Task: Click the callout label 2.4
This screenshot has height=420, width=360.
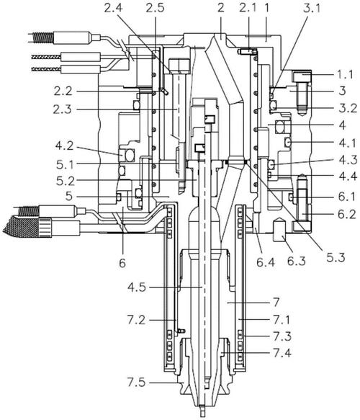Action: coord(113,8)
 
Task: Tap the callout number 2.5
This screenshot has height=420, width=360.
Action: coord(155,8)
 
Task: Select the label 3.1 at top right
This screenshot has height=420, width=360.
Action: coord(312,8)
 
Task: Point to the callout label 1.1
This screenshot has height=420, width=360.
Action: coord(345,74)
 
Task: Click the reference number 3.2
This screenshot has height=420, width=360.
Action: coord(348,108)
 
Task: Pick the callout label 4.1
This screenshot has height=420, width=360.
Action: coord(348,143)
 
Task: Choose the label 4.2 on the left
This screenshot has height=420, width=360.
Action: coord(64,146)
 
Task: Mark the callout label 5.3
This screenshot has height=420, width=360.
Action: coord(336,257)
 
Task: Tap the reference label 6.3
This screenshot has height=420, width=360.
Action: coord(297,262)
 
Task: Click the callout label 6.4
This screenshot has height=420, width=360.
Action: coord(266,262)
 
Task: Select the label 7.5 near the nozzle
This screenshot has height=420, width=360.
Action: coord(137,383)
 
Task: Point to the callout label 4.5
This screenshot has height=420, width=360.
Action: coord(137,287)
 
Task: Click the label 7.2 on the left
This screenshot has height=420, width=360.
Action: coord(137,320)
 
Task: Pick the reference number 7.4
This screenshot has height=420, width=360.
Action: coord(282,353)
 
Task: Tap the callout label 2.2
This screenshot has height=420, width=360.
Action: coord(63,91)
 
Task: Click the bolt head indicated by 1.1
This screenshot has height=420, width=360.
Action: coord(302,76)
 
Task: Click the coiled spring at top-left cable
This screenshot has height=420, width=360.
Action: coord(43,37)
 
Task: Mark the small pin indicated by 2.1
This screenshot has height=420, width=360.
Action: coord(247,51)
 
